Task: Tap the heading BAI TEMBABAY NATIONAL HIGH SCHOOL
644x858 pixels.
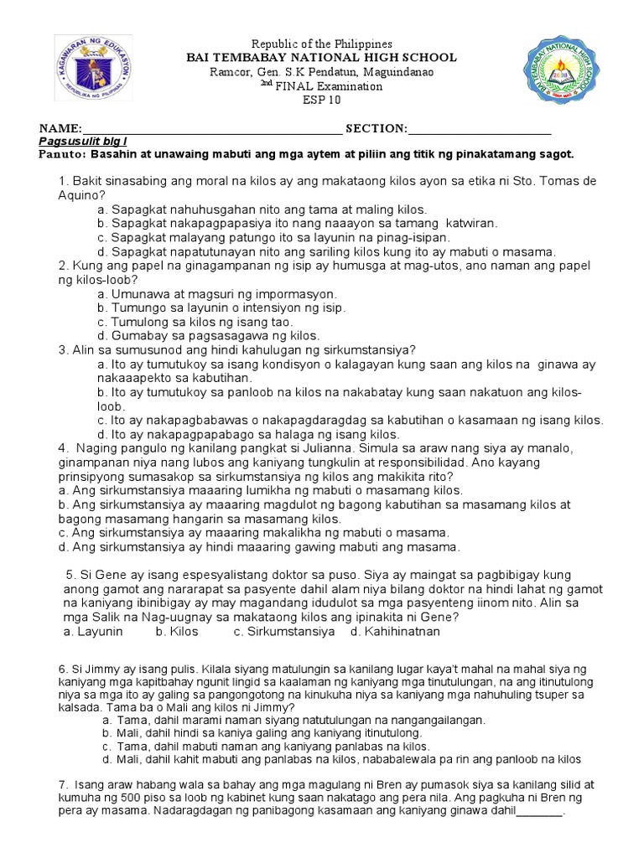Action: click(321, 58)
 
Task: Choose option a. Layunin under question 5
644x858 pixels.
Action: click(92, 632)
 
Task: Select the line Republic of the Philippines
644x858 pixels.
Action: click(322, 44)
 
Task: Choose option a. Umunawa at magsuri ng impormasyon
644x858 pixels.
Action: click(217, 295)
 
